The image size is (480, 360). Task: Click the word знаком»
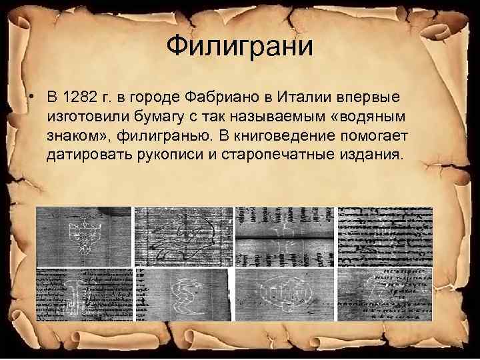75,137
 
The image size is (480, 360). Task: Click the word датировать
85,156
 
